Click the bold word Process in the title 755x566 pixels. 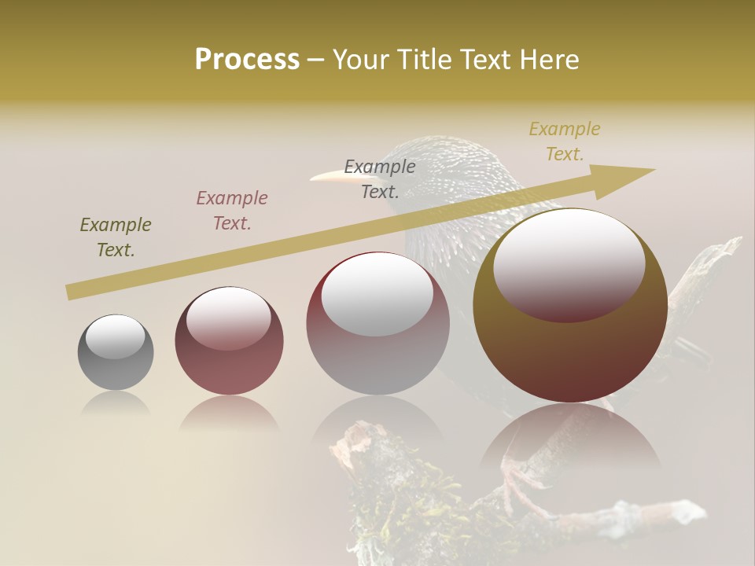click(x=247, y=60)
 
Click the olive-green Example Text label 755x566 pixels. click(x=116, y=237)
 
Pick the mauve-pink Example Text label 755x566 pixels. click(x=232, y=211)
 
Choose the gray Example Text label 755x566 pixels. click(x=380, y=178)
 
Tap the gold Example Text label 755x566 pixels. click(x=565, y=141)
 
